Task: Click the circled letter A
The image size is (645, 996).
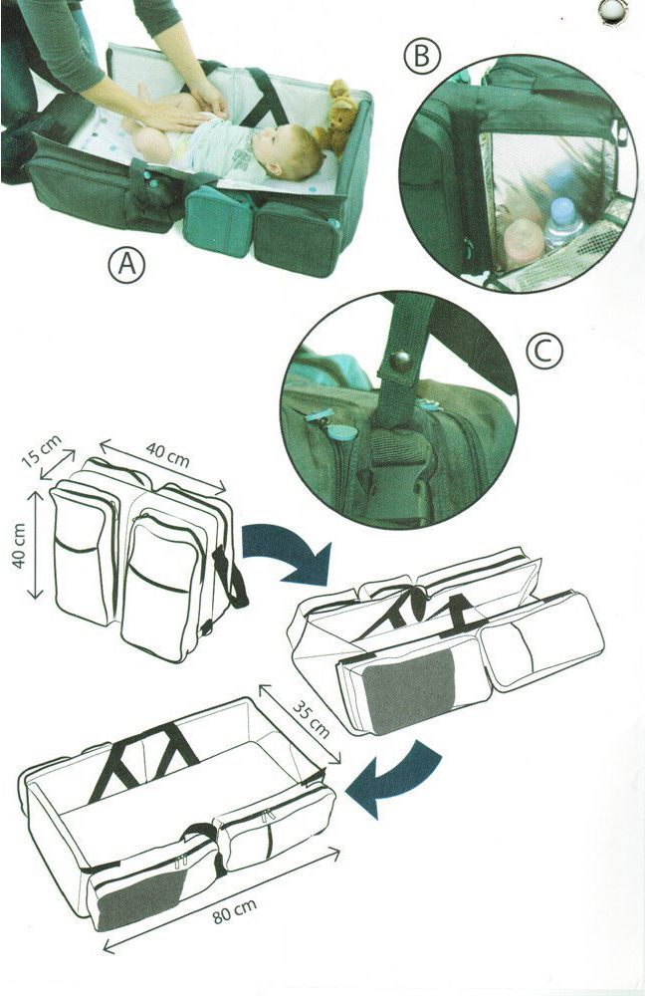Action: click(127, 264)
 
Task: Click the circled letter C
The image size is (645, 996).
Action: click(544, 352)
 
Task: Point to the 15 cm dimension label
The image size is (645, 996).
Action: click(41, 450)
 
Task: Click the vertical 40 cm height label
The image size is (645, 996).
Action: click(19, 546)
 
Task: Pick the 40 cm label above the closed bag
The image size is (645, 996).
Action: click(167, 455)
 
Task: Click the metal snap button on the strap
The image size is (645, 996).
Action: click(401, 362)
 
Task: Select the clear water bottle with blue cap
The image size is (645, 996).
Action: click(563, 221)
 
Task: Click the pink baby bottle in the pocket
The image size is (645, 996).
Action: click(525, 242)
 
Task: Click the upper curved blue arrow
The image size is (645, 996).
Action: click(289, 550)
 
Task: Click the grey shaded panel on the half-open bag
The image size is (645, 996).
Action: click(408, 688)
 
